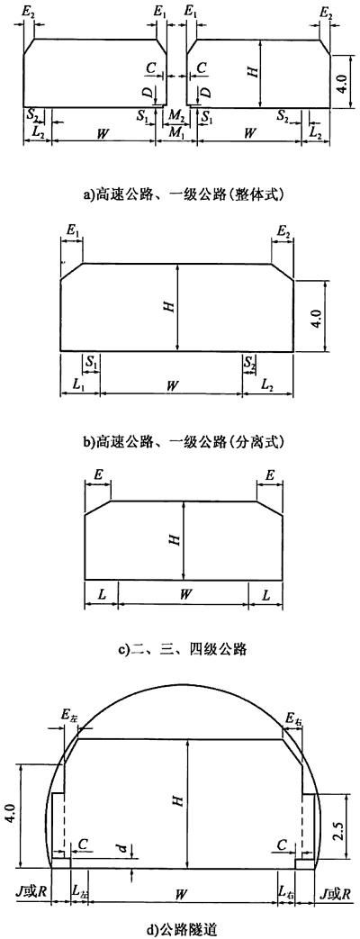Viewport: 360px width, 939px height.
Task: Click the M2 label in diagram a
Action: (176, 114)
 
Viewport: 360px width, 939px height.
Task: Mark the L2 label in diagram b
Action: (268, 385)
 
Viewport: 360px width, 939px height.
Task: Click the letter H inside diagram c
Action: (175, 540)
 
